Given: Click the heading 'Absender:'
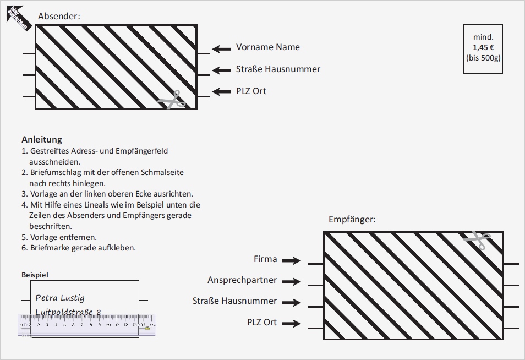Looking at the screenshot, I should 59,17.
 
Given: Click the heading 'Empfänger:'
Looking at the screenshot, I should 352,219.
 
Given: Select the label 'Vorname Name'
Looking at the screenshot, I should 268,47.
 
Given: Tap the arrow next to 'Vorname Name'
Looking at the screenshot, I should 222,49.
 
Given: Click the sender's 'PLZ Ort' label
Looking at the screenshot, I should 251,91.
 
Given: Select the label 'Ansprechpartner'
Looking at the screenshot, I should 242,280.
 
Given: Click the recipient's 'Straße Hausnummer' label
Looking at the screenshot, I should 234,301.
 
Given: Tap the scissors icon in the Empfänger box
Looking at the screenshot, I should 477,240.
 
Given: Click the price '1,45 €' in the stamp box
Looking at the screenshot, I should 483,47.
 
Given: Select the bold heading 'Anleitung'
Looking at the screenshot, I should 42,139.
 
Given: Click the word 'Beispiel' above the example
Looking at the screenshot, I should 35,274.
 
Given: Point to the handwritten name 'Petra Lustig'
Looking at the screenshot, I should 60,298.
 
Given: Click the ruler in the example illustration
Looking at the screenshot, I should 87,325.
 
